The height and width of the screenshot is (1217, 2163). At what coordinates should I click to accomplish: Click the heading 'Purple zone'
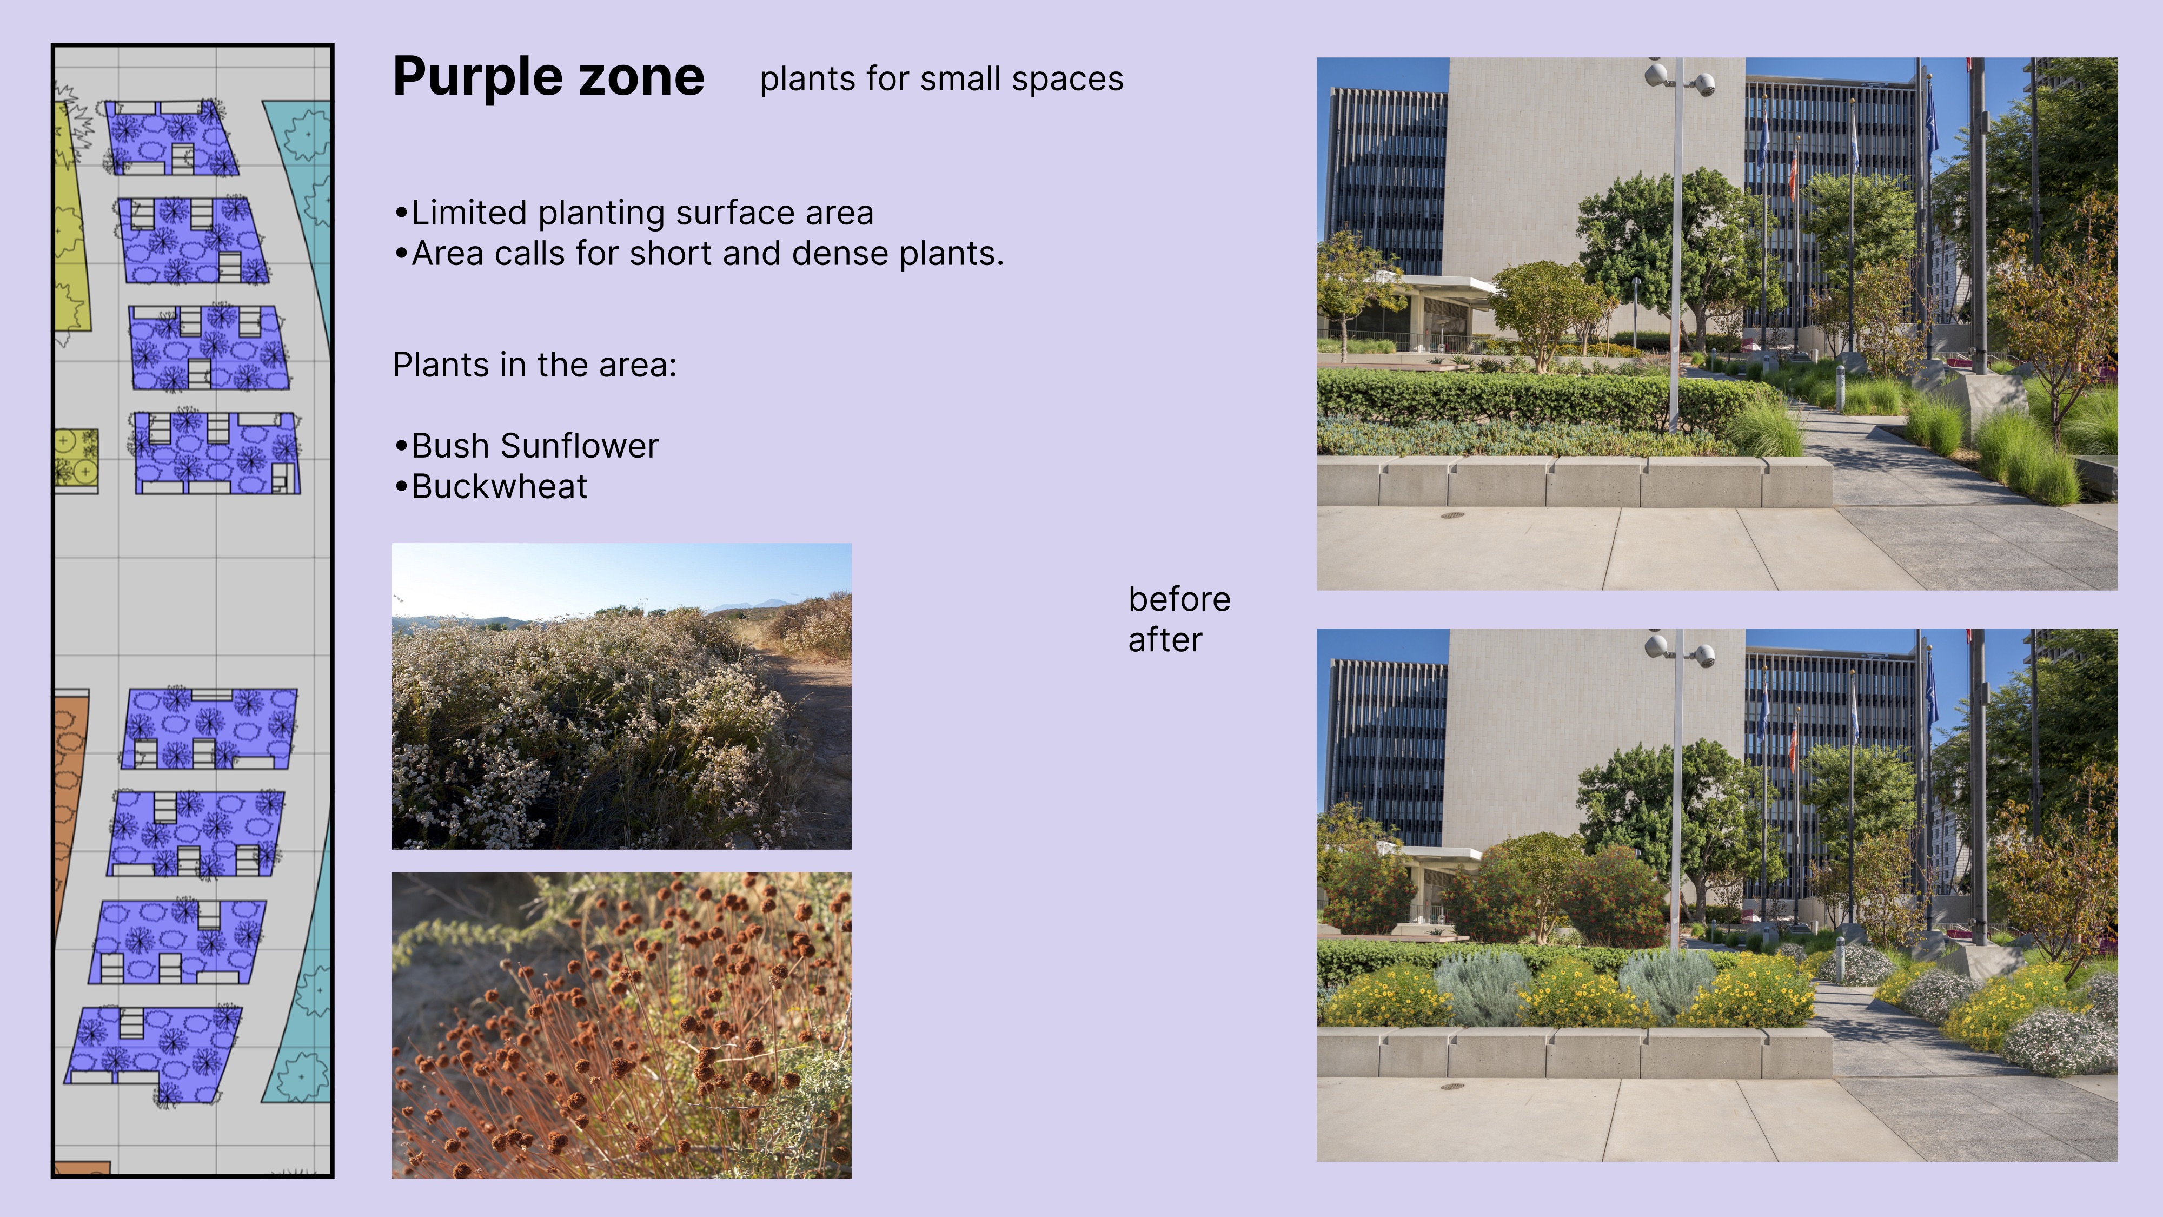click(x=548, y=77)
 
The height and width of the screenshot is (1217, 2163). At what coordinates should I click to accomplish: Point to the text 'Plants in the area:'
click(x=535, y=365)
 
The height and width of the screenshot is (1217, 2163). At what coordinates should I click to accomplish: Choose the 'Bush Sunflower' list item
click(x=527, y=446)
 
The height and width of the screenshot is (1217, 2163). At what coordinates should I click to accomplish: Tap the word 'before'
click(x=1179, y=600)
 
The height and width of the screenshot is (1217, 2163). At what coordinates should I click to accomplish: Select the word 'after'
click(x=1165, y=640)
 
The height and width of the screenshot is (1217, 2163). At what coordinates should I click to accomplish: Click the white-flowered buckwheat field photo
click(x=621, y=696)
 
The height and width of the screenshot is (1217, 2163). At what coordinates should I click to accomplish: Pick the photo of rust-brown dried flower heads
click(x=621, y=1026)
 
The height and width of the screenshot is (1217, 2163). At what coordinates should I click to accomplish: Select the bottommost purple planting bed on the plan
click(x=154, y=1055)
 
